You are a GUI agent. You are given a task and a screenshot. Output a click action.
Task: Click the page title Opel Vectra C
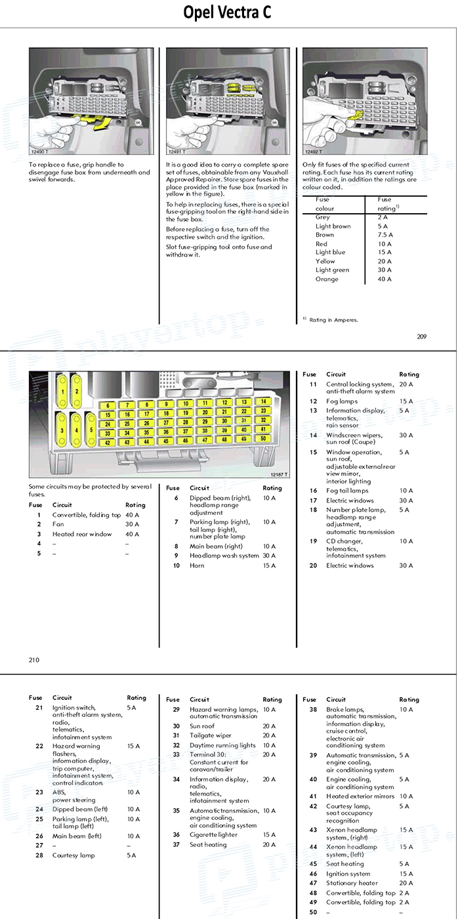coord(227,13)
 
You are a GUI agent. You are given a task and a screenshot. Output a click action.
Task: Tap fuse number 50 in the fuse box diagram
coord(263,438)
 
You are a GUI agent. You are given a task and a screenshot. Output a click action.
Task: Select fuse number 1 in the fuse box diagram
coord(63,392)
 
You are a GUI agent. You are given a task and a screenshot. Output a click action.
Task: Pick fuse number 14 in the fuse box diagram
coord(263,401)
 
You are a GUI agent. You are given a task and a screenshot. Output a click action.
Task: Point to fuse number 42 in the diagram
coord(108,443)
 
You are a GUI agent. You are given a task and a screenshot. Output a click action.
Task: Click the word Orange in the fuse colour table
coord(327,279)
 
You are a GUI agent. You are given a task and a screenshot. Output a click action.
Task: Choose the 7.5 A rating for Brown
coord(385,235)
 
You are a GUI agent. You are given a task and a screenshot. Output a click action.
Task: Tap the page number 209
coord(421,337)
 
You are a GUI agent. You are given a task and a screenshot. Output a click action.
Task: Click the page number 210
coord(34,660)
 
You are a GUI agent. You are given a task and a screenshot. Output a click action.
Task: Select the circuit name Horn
coord(197,565)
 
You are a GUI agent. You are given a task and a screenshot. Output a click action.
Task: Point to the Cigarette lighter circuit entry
coord(213,835)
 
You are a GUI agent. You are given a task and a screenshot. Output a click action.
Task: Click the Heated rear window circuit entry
coord(82,534)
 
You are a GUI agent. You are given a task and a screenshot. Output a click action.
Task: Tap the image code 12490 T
coord(41,152)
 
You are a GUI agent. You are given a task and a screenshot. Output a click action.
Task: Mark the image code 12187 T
coord(279,474)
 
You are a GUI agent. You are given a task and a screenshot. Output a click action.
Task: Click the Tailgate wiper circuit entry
coord(210,735)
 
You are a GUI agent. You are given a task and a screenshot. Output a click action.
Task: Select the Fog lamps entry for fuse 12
coord(342,401)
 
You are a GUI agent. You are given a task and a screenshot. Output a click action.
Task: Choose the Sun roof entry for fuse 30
coord(202,726)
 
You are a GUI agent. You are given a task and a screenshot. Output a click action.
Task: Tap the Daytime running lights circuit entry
coord(222,745)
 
